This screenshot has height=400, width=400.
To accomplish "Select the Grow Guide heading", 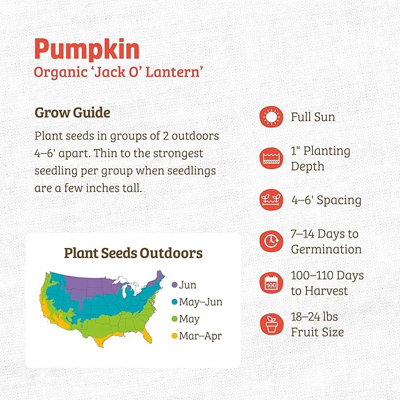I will pos(72,112).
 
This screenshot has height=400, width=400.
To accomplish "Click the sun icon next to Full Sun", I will pos(270,117).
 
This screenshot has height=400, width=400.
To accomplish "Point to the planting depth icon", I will pos(270,158).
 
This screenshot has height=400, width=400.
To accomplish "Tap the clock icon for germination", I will pos(270,242).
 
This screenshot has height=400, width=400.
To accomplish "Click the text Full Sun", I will pos(313,117).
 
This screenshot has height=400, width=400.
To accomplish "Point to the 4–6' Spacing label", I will pos(326,200).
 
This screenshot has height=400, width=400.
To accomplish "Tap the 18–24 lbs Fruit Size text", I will pos(318,325).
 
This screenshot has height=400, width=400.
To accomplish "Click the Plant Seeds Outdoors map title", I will pos(133,253).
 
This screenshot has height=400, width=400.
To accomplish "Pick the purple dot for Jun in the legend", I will pos(174,285).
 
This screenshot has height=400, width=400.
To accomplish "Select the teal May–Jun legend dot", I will pos(174,302).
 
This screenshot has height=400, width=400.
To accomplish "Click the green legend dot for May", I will pos(174,319).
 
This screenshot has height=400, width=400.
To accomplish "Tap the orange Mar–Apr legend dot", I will pos(174,336).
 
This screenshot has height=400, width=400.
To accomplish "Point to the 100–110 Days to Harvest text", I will pos(327,283).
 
